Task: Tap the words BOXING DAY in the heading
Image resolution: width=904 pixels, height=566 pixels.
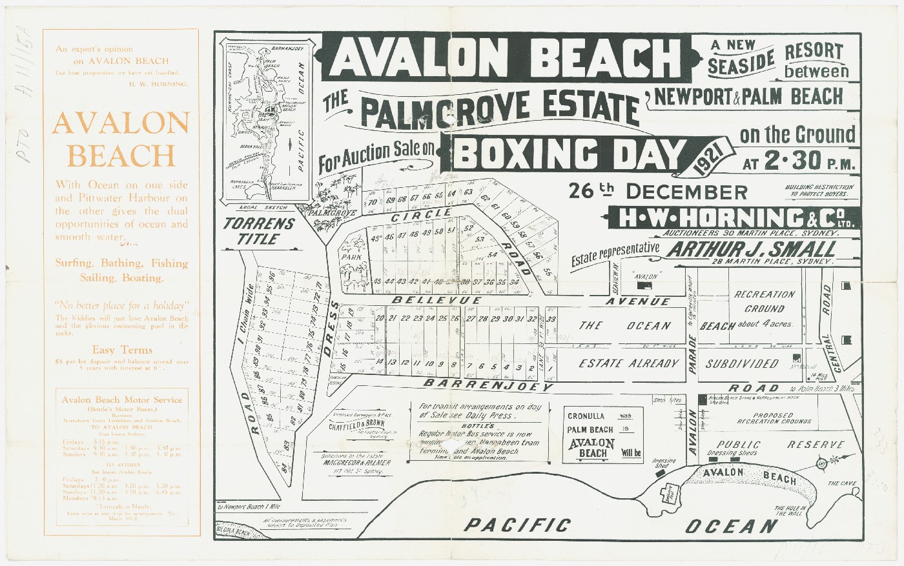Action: click(568, 154)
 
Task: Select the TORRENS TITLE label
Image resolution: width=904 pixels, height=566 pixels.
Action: click(259, 231)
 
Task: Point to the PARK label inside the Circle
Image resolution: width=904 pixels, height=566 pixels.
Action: click(351, 257)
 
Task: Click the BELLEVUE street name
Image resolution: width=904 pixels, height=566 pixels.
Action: click(437, 300)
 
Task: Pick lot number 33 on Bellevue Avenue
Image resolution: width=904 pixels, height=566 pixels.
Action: click(551, 319)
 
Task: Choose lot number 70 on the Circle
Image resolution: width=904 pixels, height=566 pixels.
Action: click(373, 203)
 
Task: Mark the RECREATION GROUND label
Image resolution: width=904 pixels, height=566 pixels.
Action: click(765, 301)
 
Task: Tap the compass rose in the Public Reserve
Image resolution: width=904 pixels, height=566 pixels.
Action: click(821, 463)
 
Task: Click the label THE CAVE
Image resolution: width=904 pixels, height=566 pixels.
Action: click(842, 483)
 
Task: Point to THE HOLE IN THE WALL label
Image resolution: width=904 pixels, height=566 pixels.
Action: click(790, 511)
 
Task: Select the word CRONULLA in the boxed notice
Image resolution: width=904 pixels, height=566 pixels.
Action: click(586, 416)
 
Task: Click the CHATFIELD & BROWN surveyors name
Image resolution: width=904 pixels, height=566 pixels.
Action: click(356, 426)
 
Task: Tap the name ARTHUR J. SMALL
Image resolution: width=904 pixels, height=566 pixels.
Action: click(751, 249)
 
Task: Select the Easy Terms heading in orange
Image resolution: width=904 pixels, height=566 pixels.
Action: click(122, 350)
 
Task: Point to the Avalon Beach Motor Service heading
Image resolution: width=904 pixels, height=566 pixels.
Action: click(122, 399)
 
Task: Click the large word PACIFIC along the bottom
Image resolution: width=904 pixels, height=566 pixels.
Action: click(517, 525)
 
